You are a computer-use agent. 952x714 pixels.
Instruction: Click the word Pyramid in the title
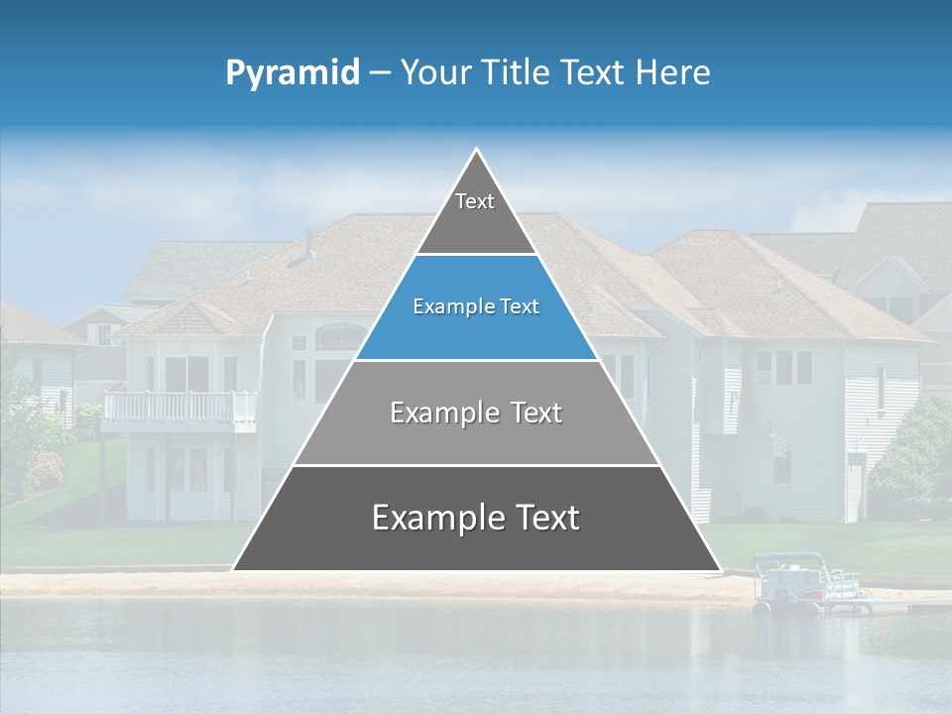pyautogui.click(x=292, y=73)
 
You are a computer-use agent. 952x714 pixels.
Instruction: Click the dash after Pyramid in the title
pyautogui.click(x=380, y=73)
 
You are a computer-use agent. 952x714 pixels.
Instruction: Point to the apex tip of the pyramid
pyautogui.click(x=477, y=150)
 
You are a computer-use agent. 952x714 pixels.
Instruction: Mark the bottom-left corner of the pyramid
pyautogui.click(x=234, y=570)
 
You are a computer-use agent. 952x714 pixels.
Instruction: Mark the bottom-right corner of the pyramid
pyautogui.click(x=719, y=570)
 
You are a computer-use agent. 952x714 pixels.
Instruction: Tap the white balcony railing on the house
pyautogui.click(x=178, y=407)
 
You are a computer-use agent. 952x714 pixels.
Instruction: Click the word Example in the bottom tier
pyautogui.click(x=432, y=518)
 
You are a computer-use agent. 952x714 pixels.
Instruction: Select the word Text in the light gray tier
pyautogui.click(x=534, y=413)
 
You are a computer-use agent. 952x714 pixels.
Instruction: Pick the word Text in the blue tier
pyautogui.click(x=519, y=307)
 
